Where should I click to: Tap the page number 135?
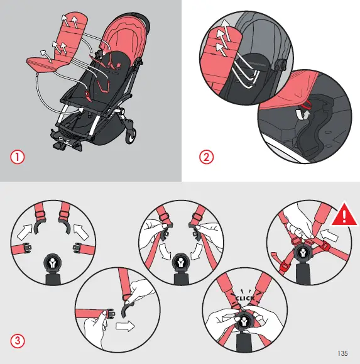[x=342, y=352]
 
